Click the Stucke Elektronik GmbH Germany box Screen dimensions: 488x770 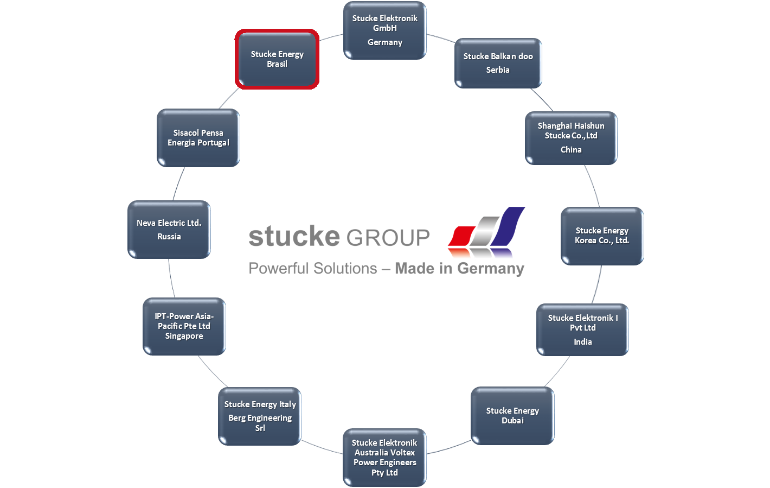point(385,30)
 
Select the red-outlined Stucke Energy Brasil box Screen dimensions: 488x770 point(277,59)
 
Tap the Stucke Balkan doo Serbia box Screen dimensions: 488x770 point(498,63)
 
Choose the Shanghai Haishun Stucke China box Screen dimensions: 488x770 point(571,138)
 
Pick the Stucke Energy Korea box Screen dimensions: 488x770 point(602,236)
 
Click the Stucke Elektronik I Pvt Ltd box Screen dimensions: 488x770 point(582,329)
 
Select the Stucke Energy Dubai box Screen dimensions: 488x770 point(512,416)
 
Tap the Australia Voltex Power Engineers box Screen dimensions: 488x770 point(384,458)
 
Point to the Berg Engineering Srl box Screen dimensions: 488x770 point(260,416)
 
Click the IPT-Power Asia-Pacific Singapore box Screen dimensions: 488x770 point(184,326)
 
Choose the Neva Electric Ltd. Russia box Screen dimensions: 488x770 point(169,230)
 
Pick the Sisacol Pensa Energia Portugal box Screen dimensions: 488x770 point(198,138)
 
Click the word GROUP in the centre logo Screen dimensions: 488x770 point(388,238)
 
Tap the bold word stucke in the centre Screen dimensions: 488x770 point(294,236)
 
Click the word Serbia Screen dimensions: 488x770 point(498,70)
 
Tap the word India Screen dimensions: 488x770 point(583,342)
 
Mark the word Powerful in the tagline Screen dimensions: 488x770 point(278,269)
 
